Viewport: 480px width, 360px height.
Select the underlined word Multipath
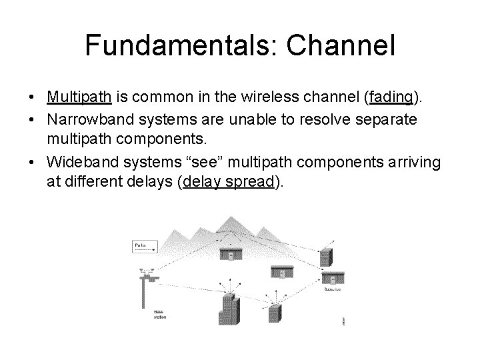pos(80,98)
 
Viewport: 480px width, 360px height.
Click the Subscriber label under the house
pos(333,291)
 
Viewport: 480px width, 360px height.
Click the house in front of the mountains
pos(230,254)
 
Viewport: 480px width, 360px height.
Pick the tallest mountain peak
pos(231,220)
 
